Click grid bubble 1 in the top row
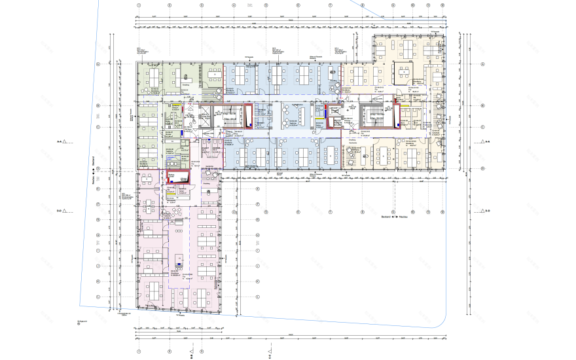[x=139, y=5]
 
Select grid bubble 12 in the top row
[x=444, y=5]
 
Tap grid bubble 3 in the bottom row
[x=202, y=351]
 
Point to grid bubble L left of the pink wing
[x=98, y=297]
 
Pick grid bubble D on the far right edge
[x=482, y=168]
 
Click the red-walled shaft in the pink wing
[x=178, y=177]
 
